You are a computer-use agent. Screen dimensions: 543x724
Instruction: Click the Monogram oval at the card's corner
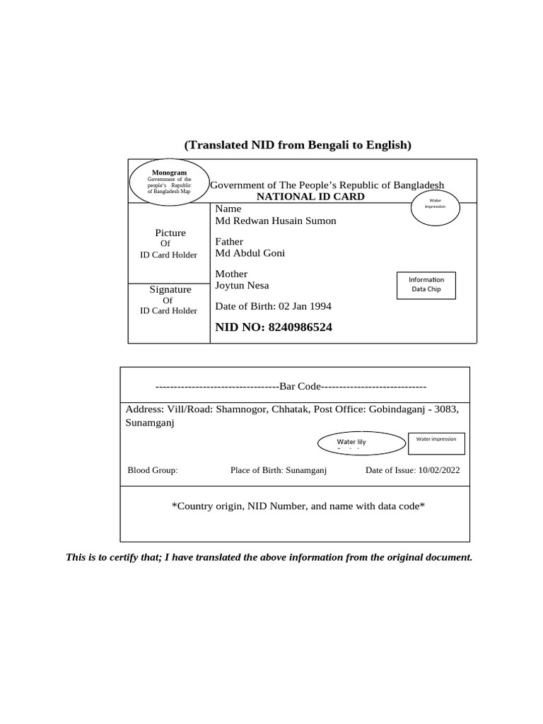click(x=169, y=182)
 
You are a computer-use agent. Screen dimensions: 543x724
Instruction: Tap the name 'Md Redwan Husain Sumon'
click(x=275, y=221)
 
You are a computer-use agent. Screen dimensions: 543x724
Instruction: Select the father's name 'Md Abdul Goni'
click(x=250, y=253)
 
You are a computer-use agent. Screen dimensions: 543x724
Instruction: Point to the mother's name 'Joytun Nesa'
click(x=242, y=285)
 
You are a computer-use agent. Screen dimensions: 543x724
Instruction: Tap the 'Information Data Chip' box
click(x=426, y=284)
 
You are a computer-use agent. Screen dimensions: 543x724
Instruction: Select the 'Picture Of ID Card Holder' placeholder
click(x=169, y=243)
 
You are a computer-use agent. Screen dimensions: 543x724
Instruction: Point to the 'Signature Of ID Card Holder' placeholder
click(x=169, y=300)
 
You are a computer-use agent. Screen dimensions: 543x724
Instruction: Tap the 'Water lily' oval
click(x=351, y=443)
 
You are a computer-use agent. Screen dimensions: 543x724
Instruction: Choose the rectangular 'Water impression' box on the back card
click(x=436, y=443)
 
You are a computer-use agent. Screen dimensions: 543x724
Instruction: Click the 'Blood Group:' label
click(x=153, y=469)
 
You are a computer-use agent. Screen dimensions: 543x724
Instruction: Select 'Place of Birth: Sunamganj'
click(x=279, y=469)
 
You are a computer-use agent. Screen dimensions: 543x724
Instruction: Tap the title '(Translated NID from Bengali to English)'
click(x=298, y=145)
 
